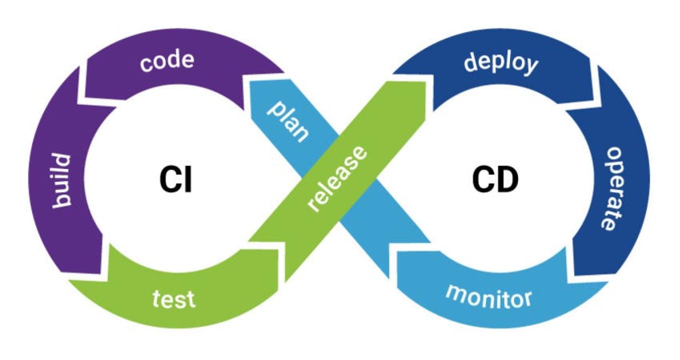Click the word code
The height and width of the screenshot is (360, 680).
(167, 62)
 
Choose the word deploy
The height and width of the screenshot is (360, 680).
(501, 64)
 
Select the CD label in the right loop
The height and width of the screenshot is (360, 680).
(495, 179)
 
